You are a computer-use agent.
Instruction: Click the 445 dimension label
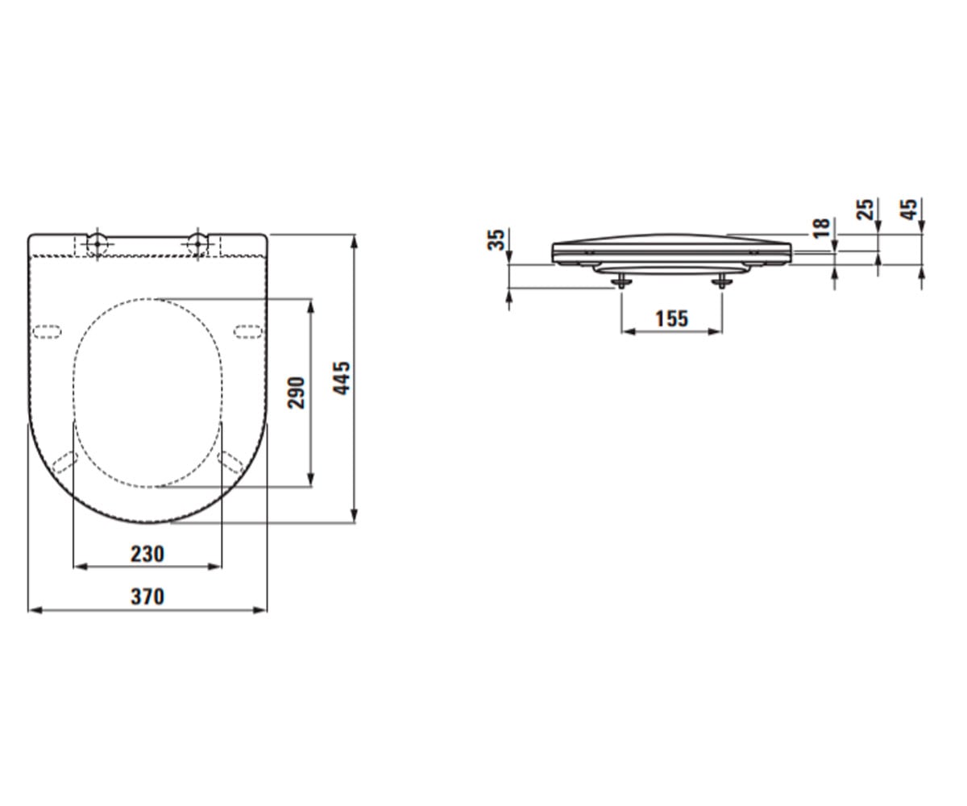342,378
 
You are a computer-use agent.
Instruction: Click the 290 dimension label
296,393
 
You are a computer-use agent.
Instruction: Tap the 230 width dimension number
147,554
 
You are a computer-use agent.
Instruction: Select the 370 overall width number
147,596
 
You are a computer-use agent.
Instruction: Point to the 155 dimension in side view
671,318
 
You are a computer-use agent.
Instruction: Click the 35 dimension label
496,239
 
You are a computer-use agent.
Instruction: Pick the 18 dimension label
822,228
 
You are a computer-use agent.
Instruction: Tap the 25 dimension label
865,209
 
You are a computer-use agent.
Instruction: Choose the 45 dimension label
909,209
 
